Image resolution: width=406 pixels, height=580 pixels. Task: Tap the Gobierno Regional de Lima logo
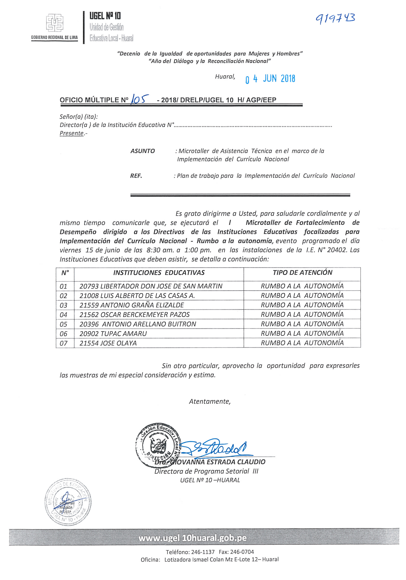54,23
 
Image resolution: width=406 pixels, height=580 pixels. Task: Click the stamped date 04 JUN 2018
270,79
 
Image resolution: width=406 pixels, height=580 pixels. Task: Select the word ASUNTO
143,151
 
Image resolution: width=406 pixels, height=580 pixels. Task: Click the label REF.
136,176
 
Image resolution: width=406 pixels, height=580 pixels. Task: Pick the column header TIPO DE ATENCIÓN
302,273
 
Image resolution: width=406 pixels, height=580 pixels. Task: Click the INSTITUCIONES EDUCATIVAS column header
159,273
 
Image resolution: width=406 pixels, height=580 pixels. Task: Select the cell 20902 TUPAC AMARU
113,334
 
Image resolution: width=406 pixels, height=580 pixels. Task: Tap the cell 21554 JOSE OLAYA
108,343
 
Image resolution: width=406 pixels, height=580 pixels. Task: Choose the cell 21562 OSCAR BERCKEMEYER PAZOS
135,315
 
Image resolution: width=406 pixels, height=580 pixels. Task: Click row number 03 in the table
64,305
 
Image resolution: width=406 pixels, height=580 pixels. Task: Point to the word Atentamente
210,402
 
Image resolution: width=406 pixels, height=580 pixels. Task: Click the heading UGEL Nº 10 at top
105,16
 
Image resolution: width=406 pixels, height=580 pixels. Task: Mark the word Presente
72,133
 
